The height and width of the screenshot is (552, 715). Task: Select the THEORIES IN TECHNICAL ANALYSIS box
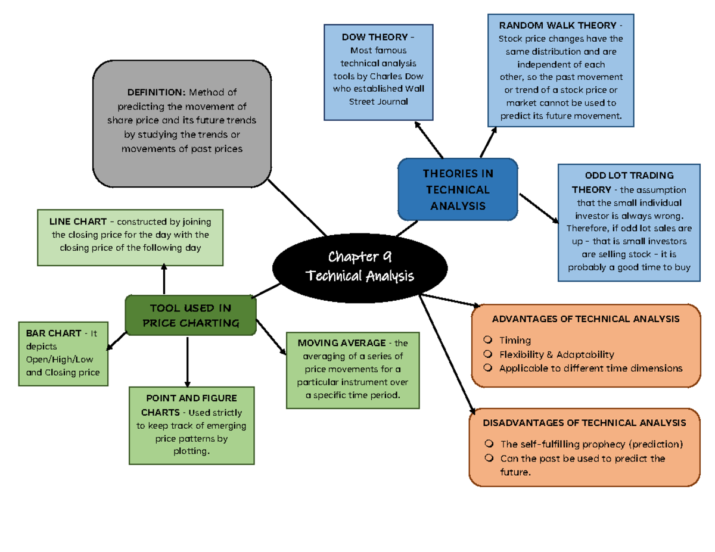tap(458, 190)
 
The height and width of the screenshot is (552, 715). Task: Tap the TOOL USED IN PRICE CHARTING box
tap(191, 316)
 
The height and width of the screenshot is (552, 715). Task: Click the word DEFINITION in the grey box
tap(156, 92)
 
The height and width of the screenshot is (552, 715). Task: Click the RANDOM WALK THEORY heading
tap(558, 26)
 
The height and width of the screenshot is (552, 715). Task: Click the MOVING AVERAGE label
tap(341, 343)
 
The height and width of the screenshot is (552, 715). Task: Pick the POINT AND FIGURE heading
tap(191, 398)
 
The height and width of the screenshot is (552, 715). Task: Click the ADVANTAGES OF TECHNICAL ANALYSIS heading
tap(586, 319)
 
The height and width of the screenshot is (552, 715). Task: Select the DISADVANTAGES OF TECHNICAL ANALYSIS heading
tap(584, 423)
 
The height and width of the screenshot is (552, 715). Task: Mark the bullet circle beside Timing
tap(489, 340)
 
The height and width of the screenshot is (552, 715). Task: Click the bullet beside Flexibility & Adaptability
tap(489, 354)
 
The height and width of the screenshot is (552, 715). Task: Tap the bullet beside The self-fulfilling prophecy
tap(489, 444)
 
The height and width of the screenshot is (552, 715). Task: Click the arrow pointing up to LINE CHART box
tap(164, 279)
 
